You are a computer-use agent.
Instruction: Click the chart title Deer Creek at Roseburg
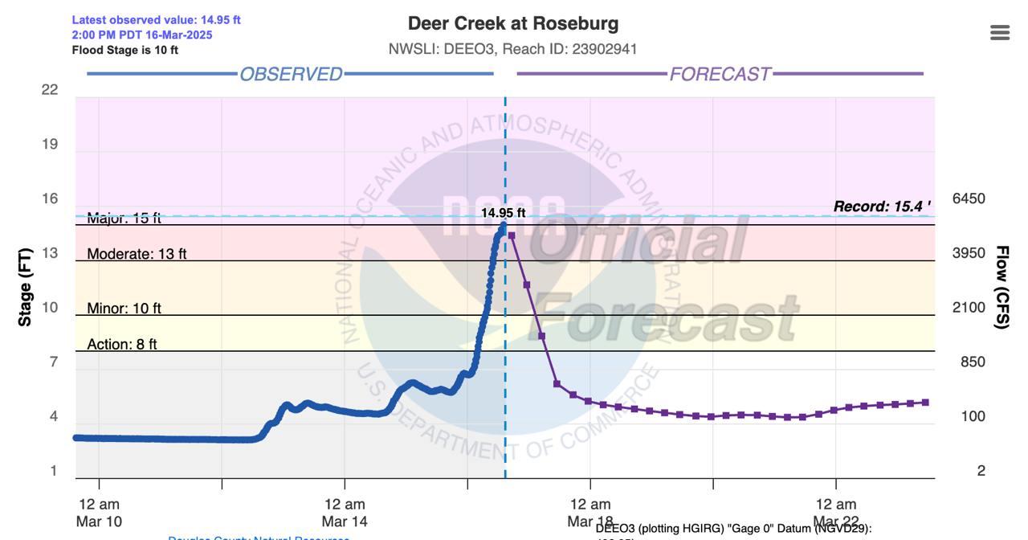pyautogui.click(x=513, y=23)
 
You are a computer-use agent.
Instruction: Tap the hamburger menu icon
pyautogui.click(x=1000, y=32)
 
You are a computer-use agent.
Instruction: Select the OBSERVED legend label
pyautogui.click(x=291, y=74)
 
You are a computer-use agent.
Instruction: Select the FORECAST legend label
pyautogui.click(x=720, y=74)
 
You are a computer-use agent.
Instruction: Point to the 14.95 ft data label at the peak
pyautogui.click(x=504, y=213)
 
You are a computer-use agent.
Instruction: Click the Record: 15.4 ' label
pyautogui.click(x=882, y=207)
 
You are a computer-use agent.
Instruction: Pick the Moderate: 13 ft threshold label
pyautogui.click(x=137, y=254)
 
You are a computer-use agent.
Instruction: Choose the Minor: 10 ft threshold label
pyautogui.click(x=124, y=309)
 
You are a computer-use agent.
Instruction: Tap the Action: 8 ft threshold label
pyautogui.click(x=122, y=344)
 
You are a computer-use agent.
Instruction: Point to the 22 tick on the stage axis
pyautogui.click(x=50, y=89)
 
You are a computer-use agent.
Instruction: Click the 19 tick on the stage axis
pyautogui.click(x=50, y=144)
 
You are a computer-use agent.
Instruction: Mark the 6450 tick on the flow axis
pyautogui.click(x=969, y=198)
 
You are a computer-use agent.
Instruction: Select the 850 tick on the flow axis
pyautogui.click(x=973, y=362)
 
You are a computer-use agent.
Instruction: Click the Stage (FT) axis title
pyautogui.click(x=25, y=288)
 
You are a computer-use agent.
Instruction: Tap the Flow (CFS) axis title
pyautogui.click(x=1001, y=288)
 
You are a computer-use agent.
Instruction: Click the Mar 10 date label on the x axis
pyautogui.click(x=99, y=521)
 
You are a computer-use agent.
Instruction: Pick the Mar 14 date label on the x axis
pyautogui.click(x=345, y=521)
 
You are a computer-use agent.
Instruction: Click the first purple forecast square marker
pyautogui.click(x=512, y=235)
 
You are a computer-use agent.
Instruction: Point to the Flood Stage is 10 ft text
pyautogui.click(x=125, y=50)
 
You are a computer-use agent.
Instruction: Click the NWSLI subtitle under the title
pyautogui.click(x=513, y=49)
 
